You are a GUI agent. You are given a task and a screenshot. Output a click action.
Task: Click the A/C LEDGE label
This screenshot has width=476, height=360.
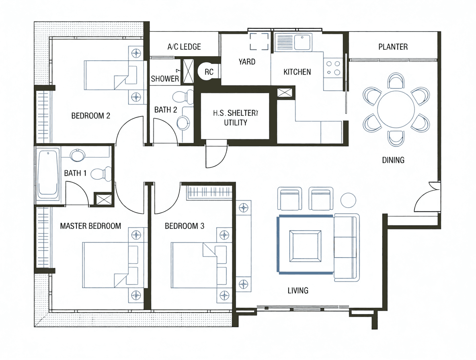coord(184,47)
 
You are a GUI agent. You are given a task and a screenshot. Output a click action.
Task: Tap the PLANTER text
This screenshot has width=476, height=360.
coord(393,47)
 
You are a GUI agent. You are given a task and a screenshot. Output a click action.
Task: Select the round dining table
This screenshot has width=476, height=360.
coord(396,109)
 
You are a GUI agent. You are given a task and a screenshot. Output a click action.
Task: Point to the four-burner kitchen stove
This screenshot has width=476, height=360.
coord(333,68)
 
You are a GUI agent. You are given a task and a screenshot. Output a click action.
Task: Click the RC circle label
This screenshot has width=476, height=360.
coord(209,72)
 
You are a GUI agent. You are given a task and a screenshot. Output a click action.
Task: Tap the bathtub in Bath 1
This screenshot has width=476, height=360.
coord(48,174)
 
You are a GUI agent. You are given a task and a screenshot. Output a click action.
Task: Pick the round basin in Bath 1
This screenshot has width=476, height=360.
coord(78,155)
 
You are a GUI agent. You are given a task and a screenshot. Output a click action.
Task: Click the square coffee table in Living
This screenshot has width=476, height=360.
coord(305,246)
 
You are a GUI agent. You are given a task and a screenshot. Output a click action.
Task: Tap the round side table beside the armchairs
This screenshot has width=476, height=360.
coord(348,200)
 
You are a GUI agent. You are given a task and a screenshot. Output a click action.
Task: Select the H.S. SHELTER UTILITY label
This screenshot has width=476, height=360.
coord(236,118)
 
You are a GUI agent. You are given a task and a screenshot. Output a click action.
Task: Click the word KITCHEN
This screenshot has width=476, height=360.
coord(297,72)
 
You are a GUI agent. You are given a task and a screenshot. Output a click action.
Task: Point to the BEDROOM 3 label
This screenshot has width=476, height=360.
coord(185,226)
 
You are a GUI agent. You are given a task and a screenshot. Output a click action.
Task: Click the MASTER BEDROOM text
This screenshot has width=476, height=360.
coord(90,226)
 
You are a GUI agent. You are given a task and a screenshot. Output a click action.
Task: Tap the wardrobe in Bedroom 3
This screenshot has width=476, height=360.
coord(209,192)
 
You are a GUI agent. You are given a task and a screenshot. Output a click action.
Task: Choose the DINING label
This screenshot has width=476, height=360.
coord(393,160)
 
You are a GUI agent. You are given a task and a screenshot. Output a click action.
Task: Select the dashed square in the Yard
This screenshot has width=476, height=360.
coord(259,41)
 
